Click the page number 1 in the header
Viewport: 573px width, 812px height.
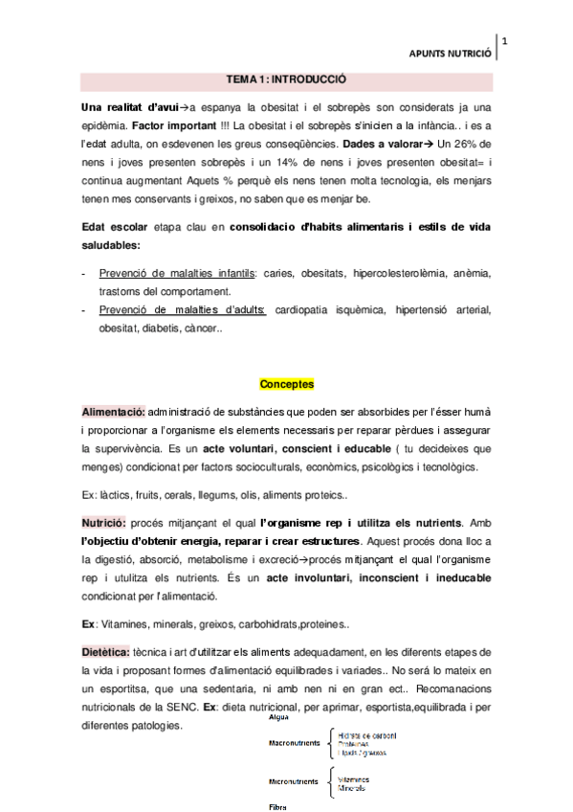504,41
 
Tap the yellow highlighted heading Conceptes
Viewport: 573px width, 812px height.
286,385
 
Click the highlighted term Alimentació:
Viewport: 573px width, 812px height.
113,410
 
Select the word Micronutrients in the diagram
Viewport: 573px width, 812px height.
294,782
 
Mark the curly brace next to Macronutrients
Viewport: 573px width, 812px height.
331,742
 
